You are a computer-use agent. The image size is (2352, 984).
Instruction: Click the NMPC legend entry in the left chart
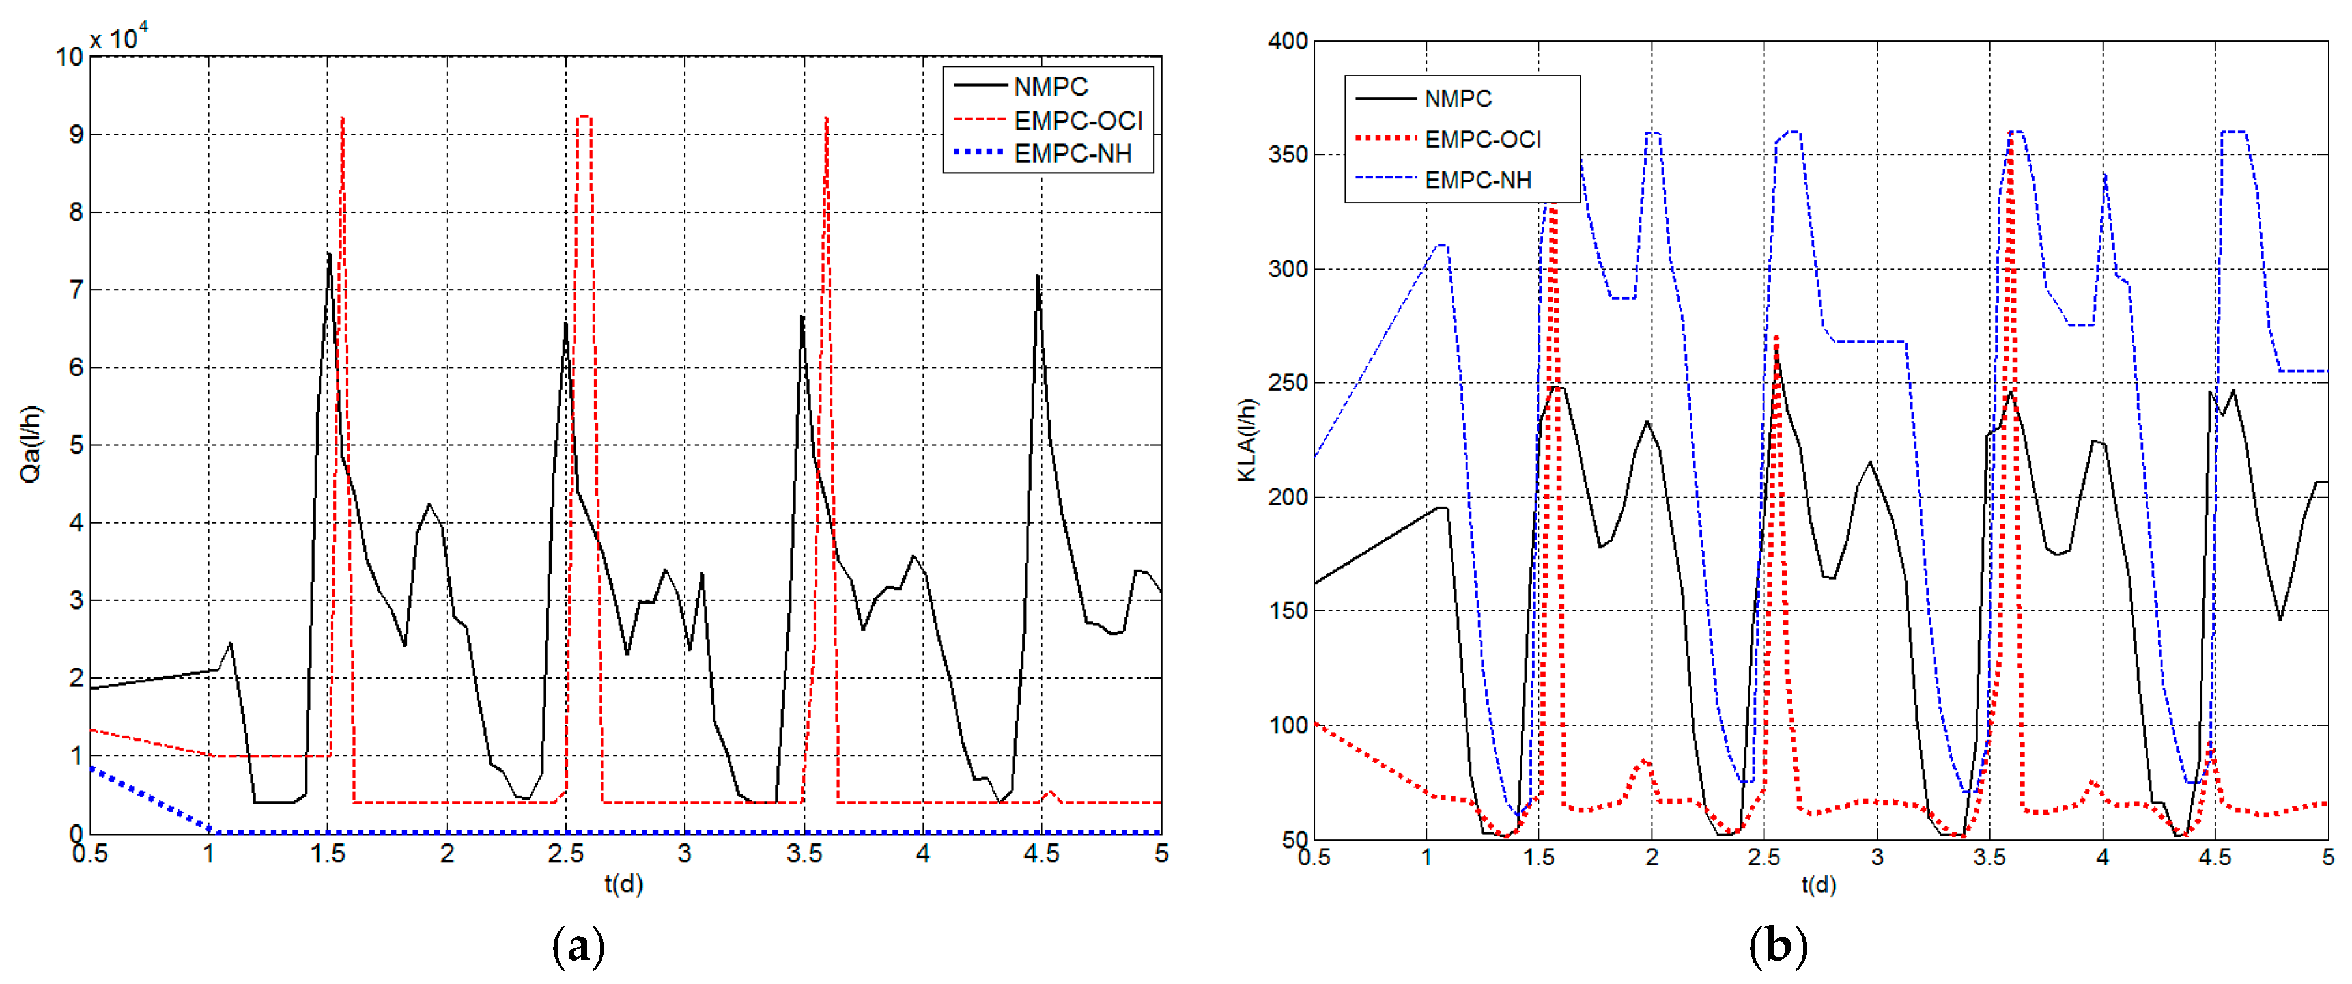pos(1050,87)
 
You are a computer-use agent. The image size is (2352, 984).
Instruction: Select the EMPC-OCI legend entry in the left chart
pos(1077,120)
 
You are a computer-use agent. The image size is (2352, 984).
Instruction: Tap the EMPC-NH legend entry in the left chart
pos(1072,153)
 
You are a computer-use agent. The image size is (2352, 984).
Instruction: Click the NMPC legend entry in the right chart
pos(1457,98)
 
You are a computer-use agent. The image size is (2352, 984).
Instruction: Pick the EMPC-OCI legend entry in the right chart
pos(1482,139)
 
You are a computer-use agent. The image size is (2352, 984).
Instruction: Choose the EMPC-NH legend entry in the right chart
pos(1477,180)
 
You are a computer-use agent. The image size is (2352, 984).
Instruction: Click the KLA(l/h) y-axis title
pos(1247,440)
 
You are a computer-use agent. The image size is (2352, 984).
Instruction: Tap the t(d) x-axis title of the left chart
pos(623,884)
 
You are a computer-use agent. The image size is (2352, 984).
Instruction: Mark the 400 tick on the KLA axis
pos(1288,41)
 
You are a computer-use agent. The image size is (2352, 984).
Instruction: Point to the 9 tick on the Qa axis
pos(76,135)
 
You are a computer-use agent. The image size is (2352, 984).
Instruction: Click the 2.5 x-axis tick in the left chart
pos(566,854)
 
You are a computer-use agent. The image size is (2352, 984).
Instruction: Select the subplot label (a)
pos(579,948)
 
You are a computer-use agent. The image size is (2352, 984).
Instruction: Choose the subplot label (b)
pos(1778,948)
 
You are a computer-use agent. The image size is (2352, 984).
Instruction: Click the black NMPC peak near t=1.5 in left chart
pos(329,255)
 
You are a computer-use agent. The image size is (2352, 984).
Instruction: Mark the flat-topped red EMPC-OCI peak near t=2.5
pos(584,117)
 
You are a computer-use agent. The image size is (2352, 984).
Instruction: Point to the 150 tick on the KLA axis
pos(1288,611)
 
